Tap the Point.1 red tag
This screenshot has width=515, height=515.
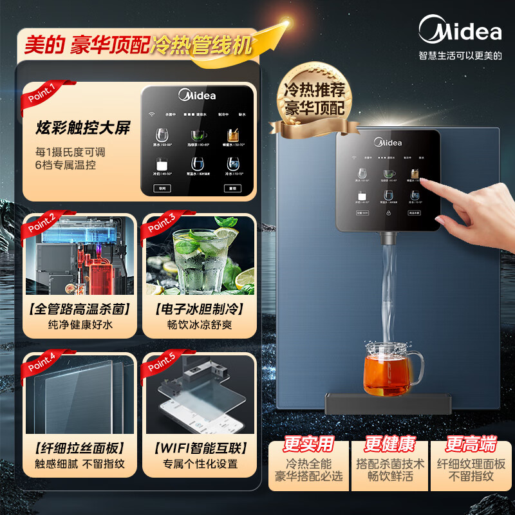point(42,93)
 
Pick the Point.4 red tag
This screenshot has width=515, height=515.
point(42,364)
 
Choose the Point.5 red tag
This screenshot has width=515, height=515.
point(162,364)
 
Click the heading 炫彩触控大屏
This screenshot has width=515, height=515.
point(82,127)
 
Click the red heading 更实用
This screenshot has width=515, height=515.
point(309,445)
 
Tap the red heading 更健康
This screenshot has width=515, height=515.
point(389,445)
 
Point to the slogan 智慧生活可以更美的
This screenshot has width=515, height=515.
point(460,55)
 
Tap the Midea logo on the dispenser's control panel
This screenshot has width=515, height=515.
point(388,142)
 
